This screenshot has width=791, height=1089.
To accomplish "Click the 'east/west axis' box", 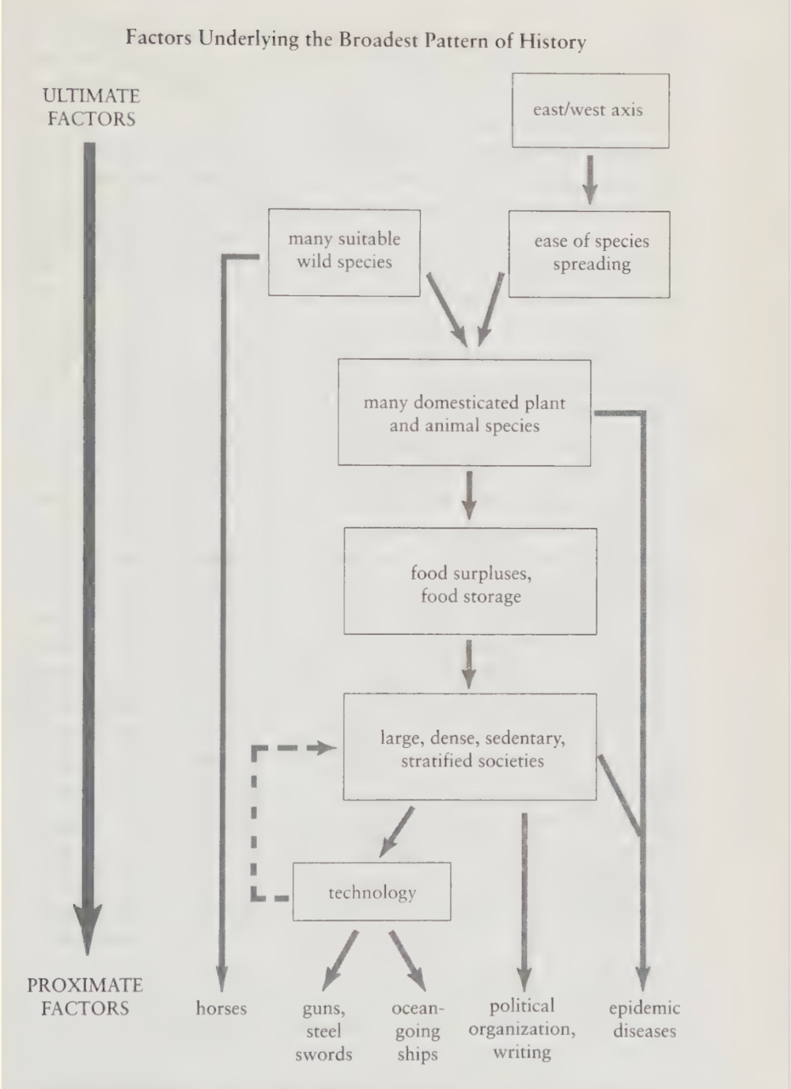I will coord(590,110).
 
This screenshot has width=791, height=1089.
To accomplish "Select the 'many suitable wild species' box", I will coord(344,252).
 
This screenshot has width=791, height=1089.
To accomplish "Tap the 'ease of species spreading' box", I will coord(589,254).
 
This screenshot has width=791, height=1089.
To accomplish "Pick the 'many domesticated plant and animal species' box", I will coord(464,413).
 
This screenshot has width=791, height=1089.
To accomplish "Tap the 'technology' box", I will coord(372,892).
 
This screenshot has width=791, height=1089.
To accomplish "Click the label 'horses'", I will coord(221,1008).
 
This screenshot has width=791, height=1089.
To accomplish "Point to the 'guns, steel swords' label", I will coord(324,1030).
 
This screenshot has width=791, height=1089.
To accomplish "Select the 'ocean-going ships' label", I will coord(418,1030).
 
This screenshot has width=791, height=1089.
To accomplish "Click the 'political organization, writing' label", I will coord(522,1029).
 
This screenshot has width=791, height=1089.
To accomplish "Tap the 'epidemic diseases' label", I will coord(644,1019).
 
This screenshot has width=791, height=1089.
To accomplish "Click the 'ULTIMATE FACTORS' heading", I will coord(91,107).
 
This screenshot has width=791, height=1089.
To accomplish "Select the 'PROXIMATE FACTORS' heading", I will coord(85,996).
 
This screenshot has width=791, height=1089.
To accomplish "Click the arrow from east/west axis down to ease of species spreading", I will coord(589,180).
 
